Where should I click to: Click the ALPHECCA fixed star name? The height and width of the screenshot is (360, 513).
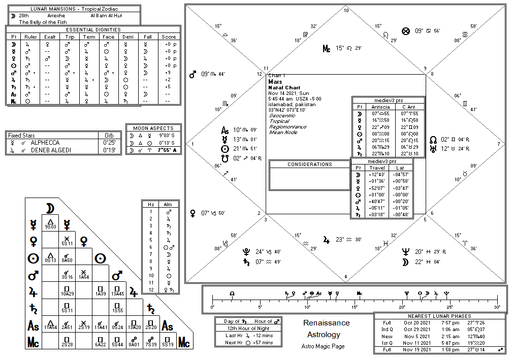45,143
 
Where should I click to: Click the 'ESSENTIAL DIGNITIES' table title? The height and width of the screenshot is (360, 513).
93,29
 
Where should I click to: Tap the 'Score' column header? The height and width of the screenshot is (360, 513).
169,37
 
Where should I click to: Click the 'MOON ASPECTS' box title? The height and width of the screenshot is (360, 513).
153,128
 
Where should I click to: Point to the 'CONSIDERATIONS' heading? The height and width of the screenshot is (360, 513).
309,165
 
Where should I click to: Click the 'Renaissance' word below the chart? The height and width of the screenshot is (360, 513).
326,323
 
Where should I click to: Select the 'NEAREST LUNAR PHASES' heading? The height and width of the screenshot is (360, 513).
440,316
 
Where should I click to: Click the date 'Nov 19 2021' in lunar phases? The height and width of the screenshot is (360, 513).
418,349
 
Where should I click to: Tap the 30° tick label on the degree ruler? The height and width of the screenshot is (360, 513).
497,307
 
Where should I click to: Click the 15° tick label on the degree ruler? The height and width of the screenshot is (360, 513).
355,307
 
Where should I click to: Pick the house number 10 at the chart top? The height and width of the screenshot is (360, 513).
346,10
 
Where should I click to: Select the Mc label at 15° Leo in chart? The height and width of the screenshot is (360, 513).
327,49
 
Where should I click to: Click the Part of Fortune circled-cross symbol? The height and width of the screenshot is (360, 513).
405,31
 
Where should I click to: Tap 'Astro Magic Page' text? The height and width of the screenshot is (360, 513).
323,346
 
